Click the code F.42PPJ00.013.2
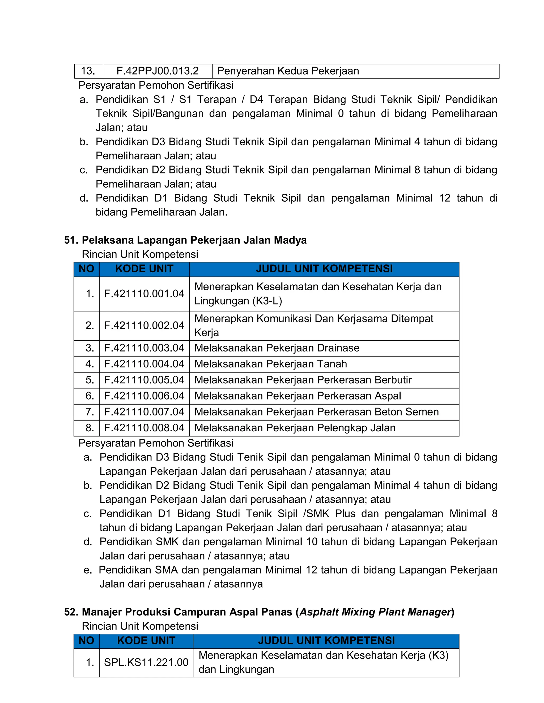[157, 71]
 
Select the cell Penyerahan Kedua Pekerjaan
[288, 71]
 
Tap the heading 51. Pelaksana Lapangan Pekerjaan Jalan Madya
[185, 240]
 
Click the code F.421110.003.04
[144, 348]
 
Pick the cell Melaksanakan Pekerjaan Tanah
[270, 364]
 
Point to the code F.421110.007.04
[144, 412]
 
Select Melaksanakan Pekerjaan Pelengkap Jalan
[295, 428]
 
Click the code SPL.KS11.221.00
[146, 662]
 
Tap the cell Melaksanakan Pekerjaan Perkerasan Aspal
[297, 396]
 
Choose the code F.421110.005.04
[144, 380]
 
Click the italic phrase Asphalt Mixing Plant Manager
[375, 612]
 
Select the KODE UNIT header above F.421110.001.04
[144, 269]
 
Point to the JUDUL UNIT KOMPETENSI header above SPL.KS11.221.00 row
[326, 641]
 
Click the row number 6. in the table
[90, 396]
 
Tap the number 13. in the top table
[88, 71]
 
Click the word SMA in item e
[166, 570]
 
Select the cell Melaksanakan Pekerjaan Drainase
[277, 348]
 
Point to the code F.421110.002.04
[144, 326]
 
